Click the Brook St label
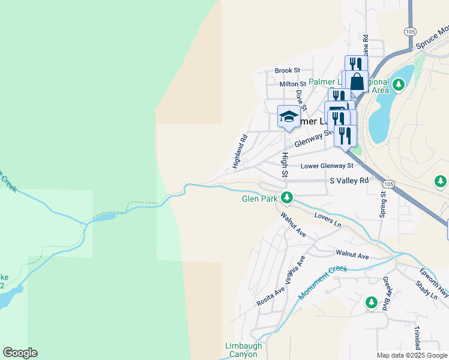pyautogui.click(x=288, y=71)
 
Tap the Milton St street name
pyautogui.click(x=293, y=84)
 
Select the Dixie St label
pyautogui.click(x=301, y=100)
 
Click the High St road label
pyautogui.click(x=285, y=166)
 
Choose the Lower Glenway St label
pyautogui.click(x=327, y=166)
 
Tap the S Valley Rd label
pyautogui.click(x=349, y=181)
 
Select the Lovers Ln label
pyautogui.click(x=328, y=220)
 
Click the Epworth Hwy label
pyautogui.click(x=435, y=280)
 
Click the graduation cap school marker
pyautogui.click(x=289, y=116)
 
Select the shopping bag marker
pyautogui.click(x=357, y=82)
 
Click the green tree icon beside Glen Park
pyautogui.click(x=288, y=197)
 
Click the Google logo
pyautogui.click(x=20, y=353)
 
